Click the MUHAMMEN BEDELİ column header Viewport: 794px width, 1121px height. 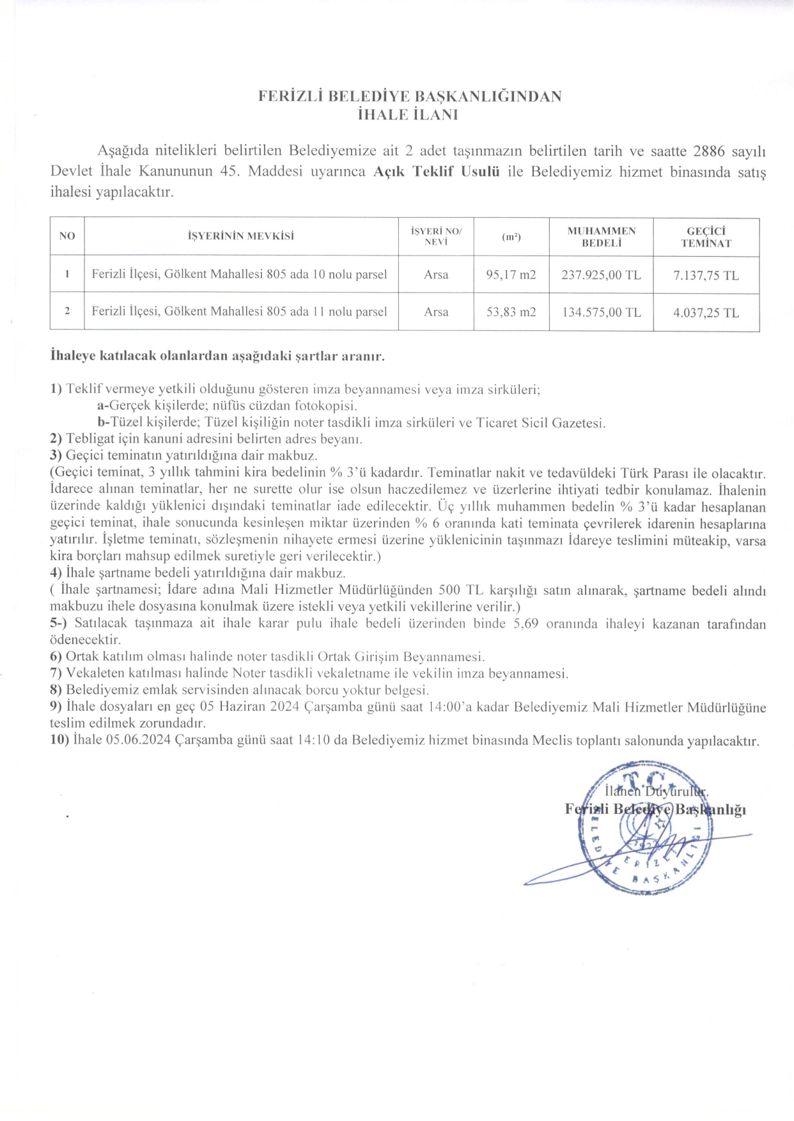pyautogui.click(x=601, y=237)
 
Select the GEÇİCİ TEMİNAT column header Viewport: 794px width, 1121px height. pyautogui.click(x=706, y=237)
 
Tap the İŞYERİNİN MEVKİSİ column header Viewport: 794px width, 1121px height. pyautogui.click(x=241, y=236)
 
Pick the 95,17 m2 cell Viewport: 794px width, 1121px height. pyautogui.click(x=511, y=275)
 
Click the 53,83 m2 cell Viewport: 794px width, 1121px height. pyautogui.click(x=511, y=312)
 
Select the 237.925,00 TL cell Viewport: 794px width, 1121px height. pyautogui.click(x=601, y=275)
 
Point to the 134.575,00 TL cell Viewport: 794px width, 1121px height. pyautogui.click(x=601, y=312)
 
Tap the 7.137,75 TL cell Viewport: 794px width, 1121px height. pyautogui.click(x=706, y=275)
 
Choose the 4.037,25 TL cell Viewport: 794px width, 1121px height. pyautogui.click(x=706, y=312)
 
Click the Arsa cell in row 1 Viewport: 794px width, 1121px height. pyautogui.click(x=436, y=275)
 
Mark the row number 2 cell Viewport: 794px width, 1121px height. pyautogui.click(x=66, y=312)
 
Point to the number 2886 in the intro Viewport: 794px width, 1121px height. pyautogui.click(x=708, y=151)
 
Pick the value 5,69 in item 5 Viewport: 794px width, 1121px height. pyautogui.click(x=525, y=623)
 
